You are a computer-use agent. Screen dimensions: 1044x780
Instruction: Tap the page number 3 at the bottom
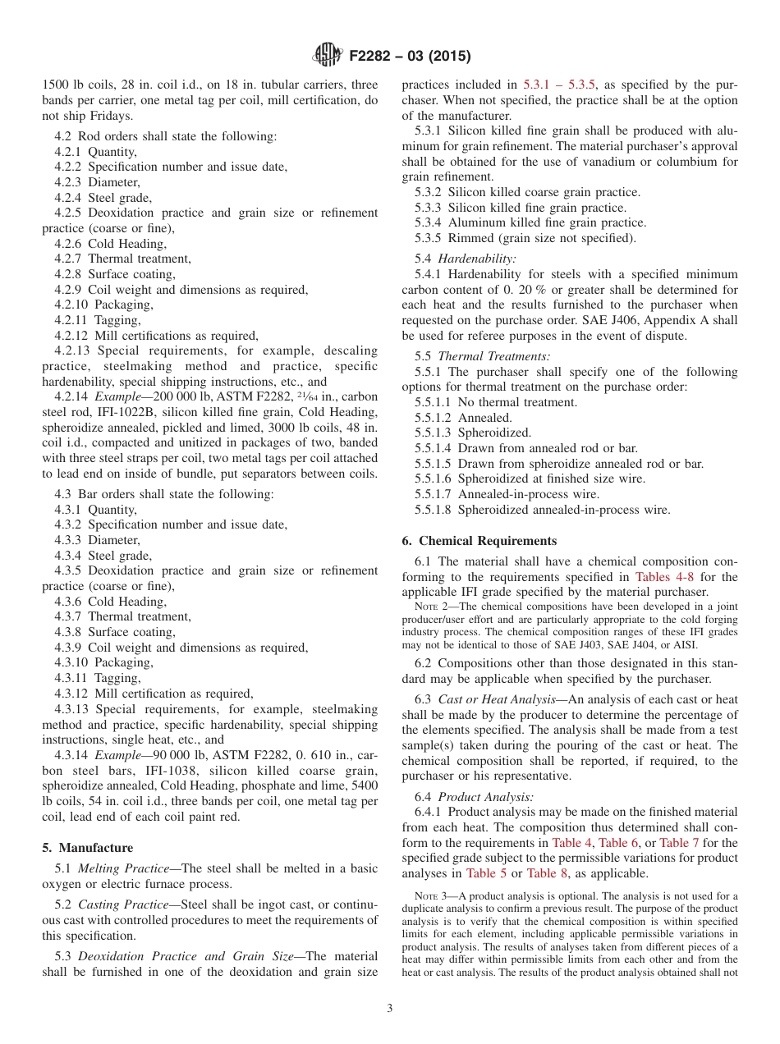(390, 1009)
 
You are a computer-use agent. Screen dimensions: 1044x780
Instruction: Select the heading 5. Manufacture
(88, 848)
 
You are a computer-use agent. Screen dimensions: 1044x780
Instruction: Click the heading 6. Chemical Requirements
(479, 541)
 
